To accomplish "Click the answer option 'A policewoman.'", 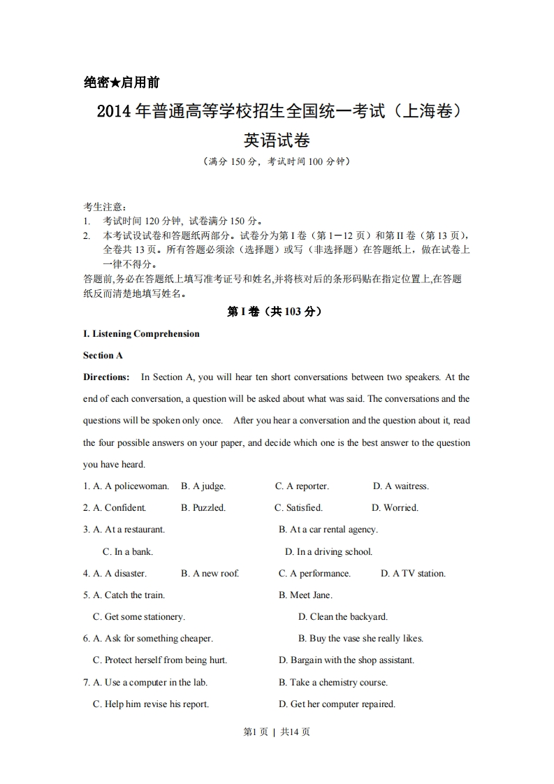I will pos(136,486).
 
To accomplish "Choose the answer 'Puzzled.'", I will pos(209,508).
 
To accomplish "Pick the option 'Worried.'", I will pos(400,508).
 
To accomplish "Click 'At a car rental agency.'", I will pos(333,530).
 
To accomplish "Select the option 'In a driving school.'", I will pos(334,551).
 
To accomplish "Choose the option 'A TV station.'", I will pos(418,574).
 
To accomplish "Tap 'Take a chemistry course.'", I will pos(338,683).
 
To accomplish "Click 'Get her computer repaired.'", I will pos(342,704).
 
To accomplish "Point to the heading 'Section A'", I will pos(103,356).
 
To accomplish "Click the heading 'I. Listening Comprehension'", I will pos(141,334).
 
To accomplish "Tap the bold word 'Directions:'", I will pos(106,377).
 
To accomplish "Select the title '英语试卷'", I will pos(277,140).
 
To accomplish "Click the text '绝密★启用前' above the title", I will pos(122,82).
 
